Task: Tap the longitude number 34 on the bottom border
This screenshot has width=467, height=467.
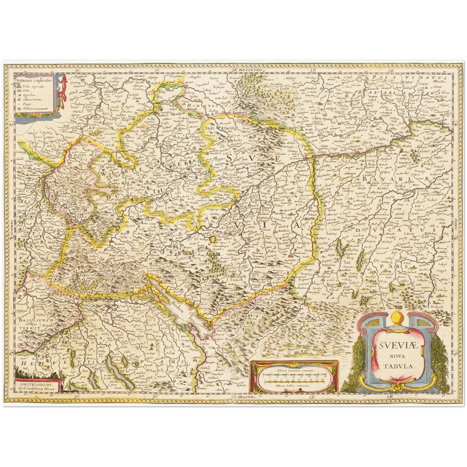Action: click(x=390, y=397)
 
